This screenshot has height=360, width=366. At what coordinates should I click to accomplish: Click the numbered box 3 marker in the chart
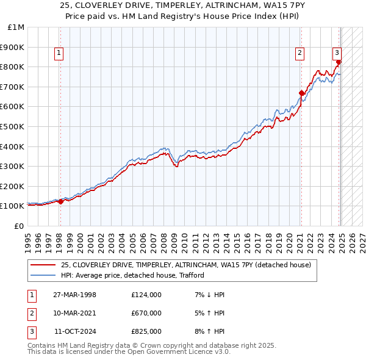[x=337, y=53]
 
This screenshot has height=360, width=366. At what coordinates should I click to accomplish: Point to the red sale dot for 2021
[x=301, y=93]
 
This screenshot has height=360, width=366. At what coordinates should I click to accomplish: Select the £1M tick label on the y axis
[x=16, y=27]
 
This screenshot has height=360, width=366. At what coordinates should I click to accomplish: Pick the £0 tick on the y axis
[x=19, y=226]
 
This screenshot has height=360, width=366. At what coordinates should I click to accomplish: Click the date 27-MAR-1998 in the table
[x=75, y=295]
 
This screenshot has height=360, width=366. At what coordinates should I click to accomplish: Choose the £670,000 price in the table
[x=146, y=313]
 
